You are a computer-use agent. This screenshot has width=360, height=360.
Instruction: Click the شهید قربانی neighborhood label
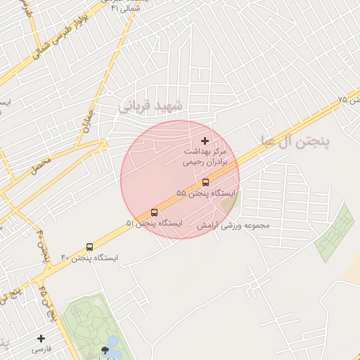[x=152, y=106]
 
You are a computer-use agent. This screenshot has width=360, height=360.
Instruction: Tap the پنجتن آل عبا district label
[x=295, y=141]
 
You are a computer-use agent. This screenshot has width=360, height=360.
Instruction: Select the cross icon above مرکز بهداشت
[x=205, y=141]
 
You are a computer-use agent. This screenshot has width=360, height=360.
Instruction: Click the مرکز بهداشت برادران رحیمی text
[x=205, y=156]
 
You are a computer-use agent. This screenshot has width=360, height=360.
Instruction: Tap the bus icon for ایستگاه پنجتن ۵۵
[x=205, y=182]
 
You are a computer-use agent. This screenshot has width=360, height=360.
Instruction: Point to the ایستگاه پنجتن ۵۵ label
[x=207, y=193]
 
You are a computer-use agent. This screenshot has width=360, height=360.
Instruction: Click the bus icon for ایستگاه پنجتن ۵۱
[x=155, y=212]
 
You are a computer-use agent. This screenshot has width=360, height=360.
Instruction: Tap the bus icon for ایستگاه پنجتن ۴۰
[x=89, y=247]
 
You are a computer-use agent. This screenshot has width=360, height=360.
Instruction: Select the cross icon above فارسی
[x=41, y=338]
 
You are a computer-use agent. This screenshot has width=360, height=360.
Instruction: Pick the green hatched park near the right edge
[x=335, y=233]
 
